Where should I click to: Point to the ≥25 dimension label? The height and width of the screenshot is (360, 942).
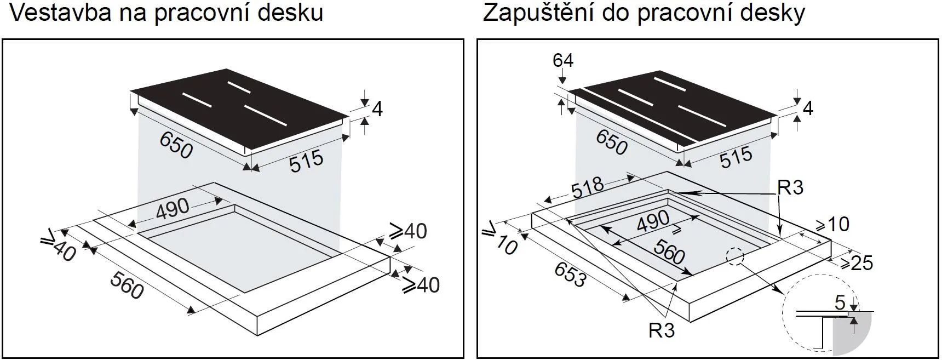click(x=856, y=263)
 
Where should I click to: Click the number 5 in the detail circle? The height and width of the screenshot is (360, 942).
click(x=840, y=302)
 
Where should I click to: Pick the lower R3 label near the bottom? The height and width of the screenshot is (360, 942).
click(x=661, y=330)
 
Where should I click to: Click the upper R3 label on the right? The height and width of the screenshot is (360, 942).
click(x=790, y=187)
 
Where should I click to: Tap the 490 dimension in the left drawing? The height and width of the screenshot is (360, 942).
click(x=173, y=209)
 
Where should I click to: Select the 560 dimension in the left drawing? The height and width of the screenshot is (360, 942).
click(x=127, y=285)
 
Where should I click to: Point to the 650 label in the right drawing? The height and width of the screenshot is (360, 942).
click(x=612, y=144)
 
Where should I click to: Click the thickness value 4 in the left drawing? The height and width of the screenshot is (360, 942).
click(x=377, y=109)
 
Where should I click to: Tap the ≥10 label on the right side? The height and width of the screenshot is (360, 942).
click(x=832, y=224)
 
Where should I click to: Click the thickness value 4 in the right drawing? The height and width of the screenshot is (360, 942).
click(x=807, y=108)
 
